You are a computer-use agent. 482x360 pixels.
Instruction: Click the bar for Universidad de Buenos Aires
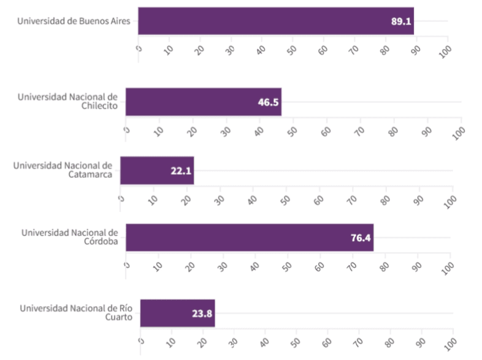[276, 21]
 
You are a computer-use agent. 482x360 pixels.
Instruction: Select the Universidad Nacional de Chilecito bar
[203, 102]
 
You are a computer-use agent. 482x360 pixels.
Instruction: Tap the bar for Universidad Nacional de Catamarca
[157, 170]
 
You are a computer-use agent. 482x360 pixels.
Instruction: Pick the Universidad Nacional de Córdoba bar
[249, 238]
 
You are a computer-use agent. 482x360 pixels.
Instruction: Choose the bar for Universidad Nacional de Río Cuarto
[177, 313]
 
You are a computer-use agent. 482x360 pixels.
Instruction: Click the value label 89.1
[401, 21]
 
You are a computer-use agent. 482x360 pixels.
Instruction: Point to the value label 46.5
[268, 102]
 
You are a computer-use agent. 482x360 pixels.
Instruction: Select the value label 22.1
[182, 171]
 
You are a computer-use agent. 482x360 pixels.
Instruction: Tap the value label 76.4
[361, 239]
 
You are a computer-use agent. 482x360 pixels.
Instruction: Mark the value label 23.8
[202, 314]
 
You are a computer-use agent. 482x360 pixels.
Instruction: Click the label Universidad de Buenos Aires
[74, 21]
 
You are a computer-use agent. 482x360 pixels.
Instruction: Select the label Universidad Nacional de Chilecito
[67, 102]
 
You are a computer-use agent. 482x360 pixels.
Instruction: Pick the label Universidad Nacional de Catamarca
[63, 170]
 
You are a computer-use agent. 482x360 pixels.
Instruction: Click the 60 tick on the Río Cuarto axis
[328, 343]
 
